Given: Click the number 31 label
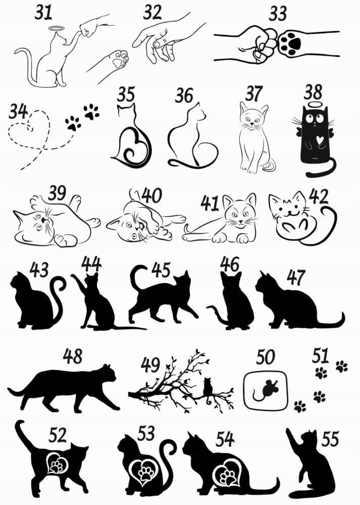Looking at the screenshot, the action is coord(43,13).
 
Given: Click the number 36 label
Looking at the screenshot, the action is coord(184,95).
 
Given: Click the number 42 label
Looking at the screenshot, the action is coord(319,197).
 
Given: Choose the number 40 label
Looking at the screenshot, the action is coord(151,195).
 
